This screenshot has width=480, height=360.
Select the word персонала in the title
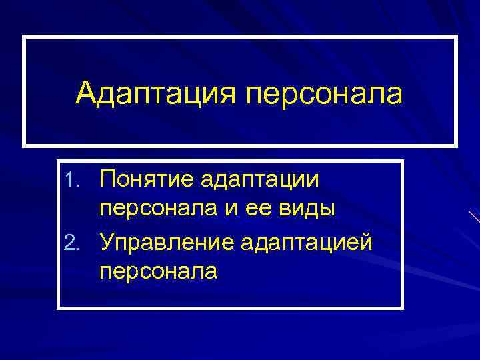click(325, 94)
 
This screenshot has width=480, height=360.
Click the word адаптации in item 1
click(259, 179)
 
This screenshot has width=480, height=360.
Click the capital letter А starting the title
click(86, 94)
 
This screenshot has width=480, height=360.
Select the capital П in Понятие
click(107, 179)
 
